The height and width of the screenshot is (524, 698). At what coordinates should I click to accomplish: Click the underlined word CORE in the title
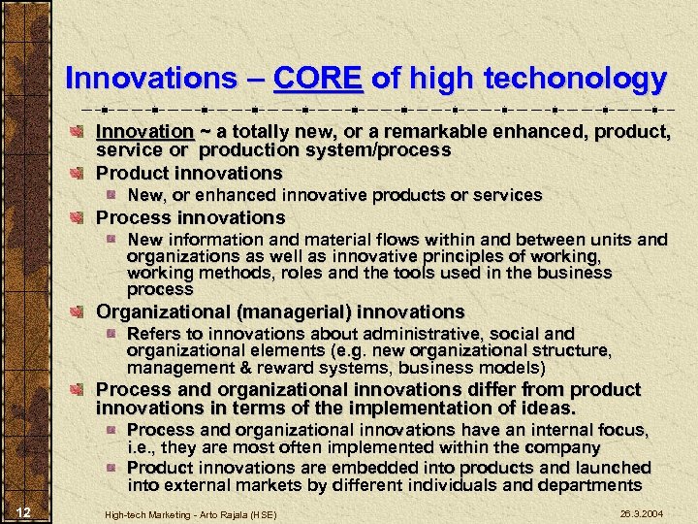click(318, 79)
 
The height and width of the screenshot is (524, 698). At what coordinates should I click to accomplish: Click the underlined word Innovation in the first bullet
click(144, 131)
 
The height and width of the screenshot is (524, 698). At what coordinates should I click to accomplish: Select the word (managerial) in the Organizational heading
click(296, 311)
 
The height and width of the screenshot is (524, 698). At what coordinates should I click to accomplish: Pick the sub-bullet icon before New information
click(112, 239)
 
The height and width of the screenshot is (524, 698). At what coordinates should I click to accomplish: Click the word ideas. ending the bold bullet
click(544, 408)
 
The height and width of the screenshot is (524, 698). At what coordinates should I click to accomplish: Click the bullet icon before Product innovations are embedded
click(112, 468)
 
